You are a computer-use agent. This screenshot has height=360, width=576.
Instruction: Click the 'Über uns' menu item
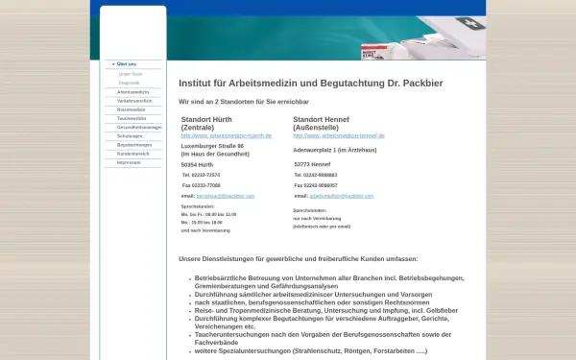[126, 64]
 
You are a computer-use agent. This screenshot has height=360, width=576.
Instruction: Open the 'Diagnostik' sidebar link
[129, 83]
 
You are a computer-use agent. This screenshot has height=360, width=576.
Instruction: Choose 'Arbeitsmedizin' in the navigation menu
[132, 92]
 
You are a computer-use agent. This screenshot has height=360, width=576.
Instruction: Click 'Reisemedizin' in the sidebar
[132, 109]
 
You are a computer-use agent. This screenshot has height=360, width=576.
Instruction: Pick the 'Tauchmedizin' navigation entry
[132, 118]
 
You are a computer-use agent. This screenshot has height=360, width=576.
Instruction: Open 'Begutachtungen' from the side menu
[133, 145]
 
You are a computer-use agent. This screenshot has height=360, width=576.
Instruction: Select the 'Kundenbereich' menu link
[132, 154]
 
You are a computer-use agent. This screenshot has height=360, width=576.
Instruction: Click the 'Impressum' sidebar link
[130, 162]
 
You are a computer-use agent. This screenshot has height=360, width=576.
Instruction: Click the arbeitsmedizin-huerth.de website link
[227, 135]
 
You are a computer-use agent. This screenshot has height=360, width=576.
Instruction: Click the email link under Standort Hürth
[226, 195]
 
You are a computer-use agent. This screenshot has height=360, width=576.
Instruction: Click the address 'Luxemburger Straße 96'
[219, 146]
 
